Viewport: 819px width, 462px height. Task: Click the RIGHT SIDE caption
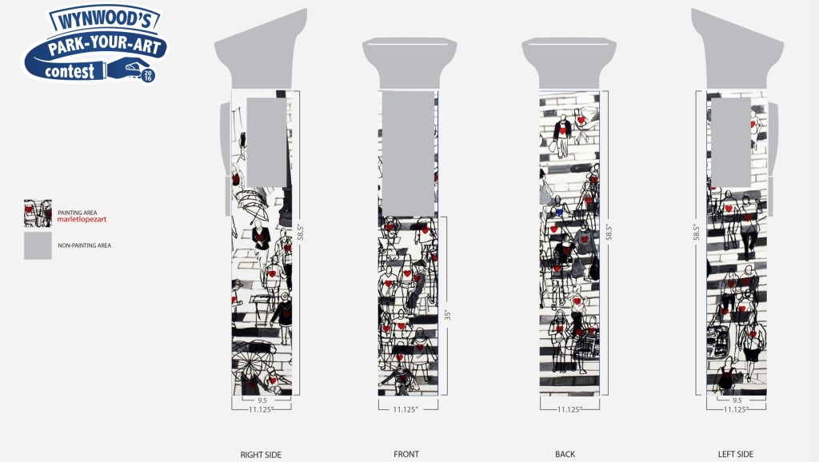[x=261, y=455]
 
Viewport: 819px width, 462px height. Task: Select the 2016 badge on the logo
[x=148, y=76]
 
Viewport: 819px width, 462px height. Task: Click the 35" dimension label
[x=448, y=315]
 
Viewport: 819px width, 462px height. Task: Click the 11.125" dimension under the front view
[x=407, y=409]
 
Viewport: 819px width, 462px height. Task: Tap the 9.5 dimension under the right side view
[x=262, y=400]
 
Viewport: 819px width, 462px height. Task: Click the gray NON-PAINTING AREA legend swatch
[x=38, y=245]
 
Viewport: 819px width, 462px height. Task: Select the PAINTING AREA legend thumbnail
[x=38, y=213]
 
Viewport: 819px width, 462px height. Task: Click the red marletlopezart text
[x=81, y=218]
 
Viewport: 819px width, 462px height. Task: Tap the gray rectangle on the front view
[x=408, y=152]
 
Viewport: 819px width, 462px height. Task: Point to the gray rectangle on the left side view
[x=731, y=141]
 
